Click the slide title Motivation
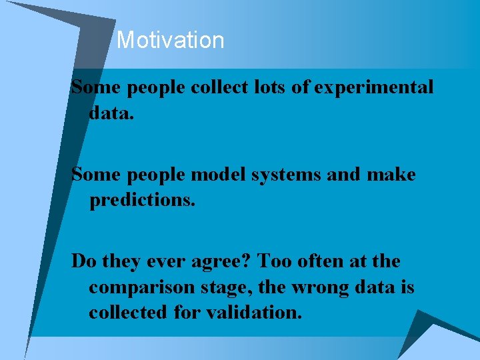(170, 41)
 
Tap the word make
(392, 175)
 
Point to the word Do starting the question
(83, 262)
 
